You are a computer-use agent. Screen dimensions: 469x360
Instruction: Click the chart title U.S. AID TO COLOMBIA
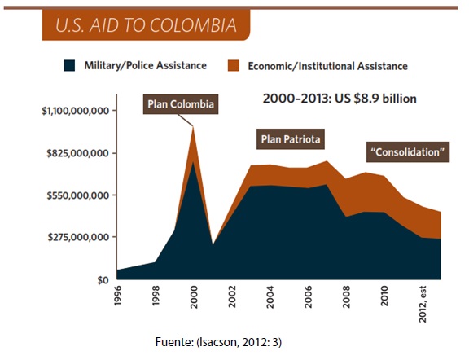tap(146, 24)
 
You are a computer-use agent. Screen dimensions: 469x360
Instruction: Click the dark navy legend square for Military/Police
tap(69, 65)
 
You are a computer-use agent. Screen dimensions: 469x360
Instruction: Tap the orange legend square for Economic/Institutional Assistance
tap(234, 65)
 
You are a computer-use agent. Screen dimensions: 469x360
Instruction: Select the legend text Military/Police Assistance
tap(146, 65)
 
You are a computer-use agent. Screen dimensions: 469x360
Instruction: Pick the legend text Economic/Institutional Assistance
tap(327, 66)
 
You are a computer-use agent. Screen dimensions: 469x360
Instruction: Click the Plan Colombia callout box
tap(181, 104)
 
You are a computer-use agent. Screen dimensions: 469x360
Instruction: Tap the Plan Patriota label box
tap(291, 139)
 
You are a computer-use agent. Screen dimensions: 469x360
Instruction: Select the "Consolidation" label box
tap(408, 152)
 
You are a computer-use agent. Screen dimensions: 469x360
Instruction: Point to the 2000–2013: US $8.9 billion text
tap(340, 99)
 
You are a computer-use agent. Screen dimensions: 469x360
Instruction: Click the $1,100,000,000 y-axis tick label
tap(76, 111)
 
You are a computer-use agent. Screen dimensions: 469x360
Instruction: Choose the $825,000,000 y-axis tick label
tap(77, 153)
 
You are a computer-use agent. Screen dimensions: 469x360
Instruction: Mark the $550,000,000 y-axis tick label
tap(77, 195)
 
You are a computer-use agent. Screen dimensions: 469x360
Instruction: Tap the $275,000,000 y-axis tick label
tap(78, 238)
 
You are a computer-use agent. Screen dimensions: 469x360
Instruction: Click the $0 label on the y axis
tap(103, 280)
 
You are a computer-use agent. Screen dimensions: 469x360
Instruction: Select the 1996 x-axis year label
tap(117, 296)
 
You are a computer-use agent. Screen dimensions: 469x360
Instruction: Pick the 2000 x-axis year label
tap(194, 296)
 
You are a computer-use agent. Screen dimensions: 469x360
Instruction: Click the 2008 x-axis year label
tap(346, 296)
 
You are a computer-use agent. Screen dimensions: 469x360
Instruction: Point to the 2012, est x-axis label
tap(422, 304)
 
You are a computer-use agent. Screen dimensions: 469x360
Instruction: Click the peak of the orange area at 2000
tap(193, 127)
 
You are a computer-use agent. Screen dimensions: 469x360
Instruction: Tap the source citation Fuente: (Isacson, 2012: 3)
tap(218, 342)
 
